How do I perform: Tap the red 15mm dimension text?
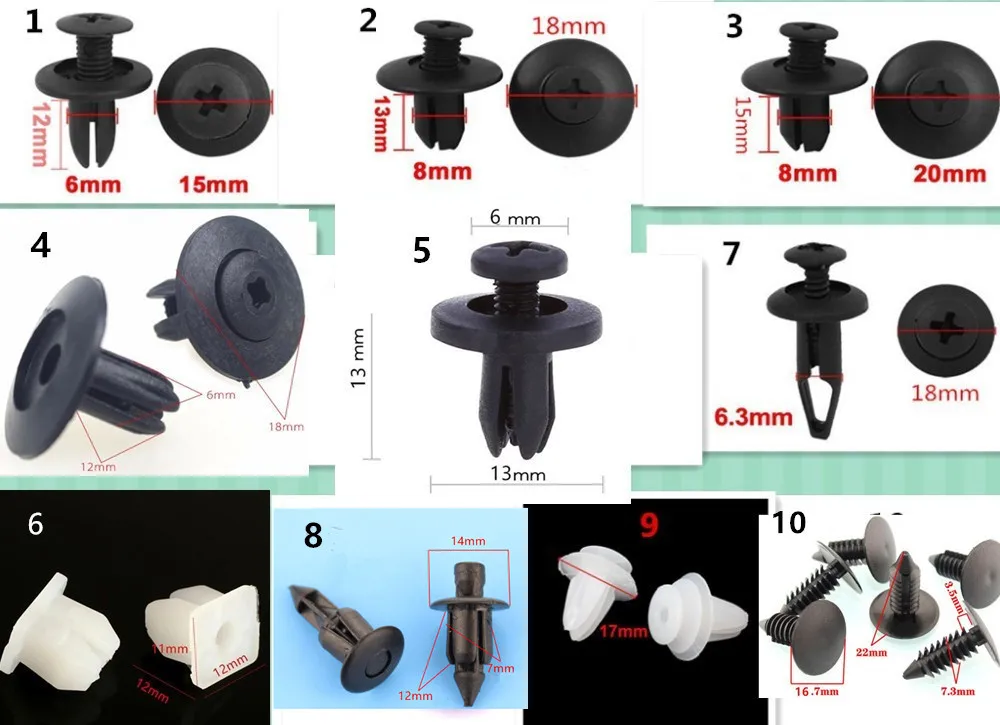click(x=213, y=184)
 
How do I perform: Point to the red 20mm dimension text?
click(x=949, y=173)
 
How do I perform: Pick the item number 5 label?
click(x=422, y=250)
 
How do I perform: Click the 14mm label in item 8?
click(x=466, y=541)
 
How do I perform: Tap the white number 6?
click(x=35, y=523)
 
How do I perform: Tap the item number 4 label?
click(x=40, y=246)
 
